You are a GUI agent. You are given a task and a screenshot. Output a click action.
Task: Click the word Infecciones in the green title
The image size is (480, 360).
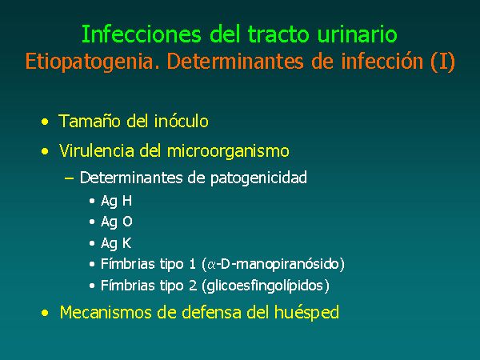pyautogui.click(x=141, y=34)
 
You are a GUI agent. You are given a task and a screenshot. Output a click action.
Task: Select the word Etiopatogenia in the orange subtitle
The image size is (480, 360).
pyautogui.click(x=93, y=62)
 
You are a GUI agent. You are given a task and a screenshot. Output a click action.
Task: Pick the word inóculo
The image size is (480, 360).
pyautogui.click(x=182, y=121)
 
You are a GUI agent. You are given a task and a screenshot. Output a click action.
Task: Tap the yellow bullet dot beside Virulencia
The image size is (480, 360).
pyautogui.click(x=45, y=151)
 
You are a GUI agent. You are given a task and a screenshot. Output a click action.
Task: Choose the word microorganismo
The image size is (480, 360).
pyautogui.click(x=228, y=151)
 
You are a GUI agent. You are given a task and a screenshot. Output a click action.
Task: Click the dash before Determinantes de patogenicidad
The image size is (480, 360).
pyautogui.click(x=69, y=178)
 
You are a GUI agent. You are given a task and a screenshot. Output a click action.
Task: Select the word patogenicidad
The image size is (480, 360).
pyautogui.click(x=258, y=178)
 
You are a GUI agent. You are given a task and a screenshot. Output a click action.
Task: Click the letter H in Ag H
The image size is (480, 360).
pyautogui.click(x=127, y=201)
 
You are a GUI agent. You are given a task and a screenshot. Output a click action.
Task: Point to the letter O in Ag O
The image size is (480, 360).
pyautogui.click(x=127, y=222)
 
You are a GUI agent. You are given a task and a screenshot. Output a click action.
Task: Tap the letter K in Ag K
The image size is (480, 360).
pyautogui.click(x=126, y=243)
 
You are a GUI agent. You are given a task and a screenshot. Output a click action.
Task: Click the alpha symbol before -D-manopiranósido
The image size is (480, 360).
pyautogui.click(x=211, y=265)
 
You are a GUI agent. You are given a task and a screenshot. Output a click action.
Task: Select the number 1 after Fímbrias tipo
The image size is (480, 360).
pyautogui.click(x=192, y=263)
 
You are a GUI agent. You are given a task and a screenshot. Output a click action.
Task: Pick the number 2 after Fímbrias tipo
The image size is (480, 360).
pyautogui.click(x=193, y=286)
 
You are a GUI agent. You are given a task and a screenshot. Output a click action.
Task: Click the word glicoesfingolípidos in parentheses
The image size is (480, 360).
pyautogui.click(x=265, y=286)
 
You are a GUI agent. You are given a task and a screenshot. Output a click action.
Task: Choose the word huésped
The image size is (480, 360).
pyautogui.click(x=306, y=313)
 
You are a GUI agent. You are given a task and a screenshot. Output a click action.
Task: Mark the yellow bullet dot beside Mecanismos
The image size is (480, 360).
pyautogui.click(x=45, y=313)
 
